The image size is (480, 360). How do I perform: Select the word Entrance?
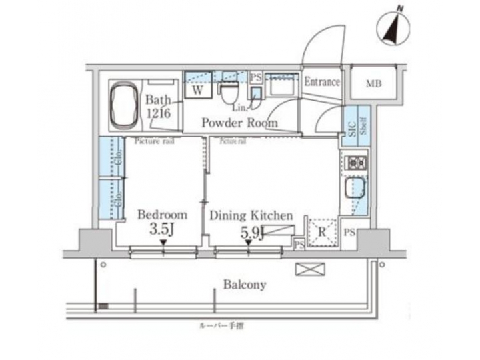click(x=322, y=83)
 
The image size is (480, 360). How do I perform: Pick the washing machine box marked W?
click(x=198, y=89)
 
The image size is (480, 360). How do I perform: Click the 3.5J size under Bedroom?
click(x=162, y=231)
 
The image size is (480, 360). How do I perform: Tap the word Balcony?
click(x=243, y=285)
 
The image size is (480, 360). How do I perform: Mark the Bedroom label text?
click(x=162, y=215)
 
